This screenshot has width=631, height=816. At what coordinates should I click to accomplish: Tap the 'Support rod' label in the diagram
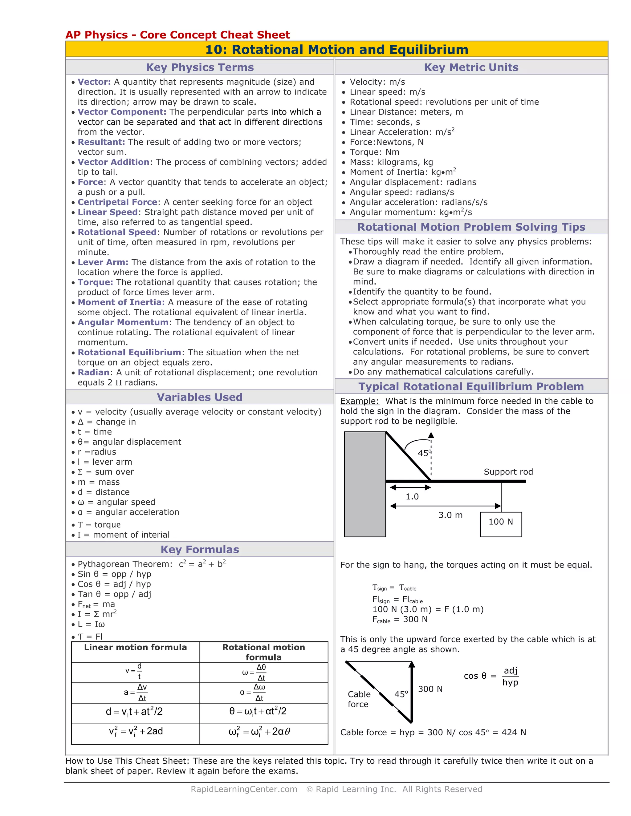508,472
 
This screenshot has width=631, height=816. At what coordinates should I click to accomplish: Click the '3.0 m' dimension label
450,515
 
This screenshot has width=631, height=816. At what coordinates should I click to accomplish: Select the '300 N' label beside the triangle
430,689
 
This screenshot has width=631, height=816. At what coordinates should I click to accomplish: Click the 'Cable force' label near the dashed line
359,699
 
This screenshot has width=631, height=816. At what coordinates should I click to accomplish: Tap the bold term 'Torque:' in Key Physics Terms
95,282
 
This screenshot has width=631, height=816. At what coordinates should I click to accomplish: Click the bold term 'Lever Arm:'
103,262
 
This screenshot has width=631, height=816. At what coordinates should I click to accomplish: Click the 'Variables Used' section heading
200,397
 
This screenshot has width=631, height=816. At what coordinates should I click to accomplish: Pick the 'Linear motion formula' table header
135,648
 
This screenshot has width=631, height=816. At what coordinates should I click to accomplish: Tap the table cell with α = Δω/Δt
263,693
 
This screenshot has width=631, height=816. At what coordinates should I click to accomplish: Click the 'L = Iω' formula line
91,624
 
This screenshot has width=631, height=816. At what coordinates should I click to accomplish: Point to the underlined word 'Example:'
359,401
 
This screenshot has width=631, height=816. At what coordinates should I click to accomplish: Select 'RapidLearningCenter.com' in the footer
244,789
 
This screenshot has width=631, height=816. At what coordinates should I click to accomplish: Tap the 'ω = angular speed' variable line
116,502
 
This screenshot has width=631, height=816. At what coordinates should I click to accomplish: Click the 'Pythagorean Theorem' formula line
151,564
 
